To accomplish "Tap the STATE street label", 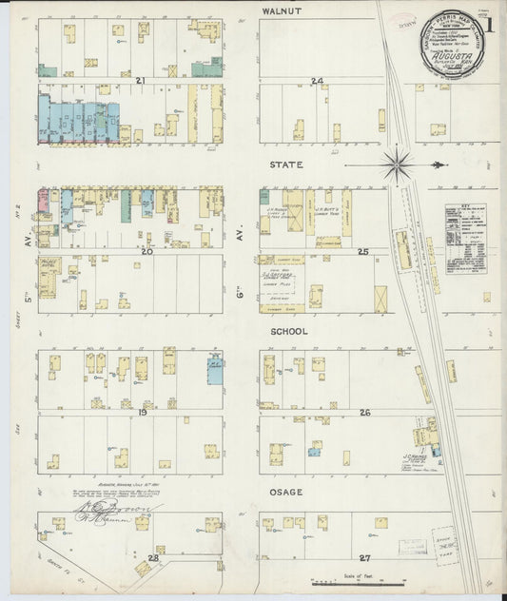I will (285, 165).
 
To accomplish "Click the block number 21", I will (140, 81).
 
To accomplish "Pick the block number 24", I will (317, 81).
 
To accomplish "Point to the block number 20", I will (140, 251).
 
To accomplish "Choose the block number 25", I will (362, 251).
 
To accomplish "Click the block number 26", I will (364, 412).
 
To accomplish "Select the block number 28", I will (152, 557).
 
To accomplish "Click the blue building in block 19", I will (215, 368).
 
